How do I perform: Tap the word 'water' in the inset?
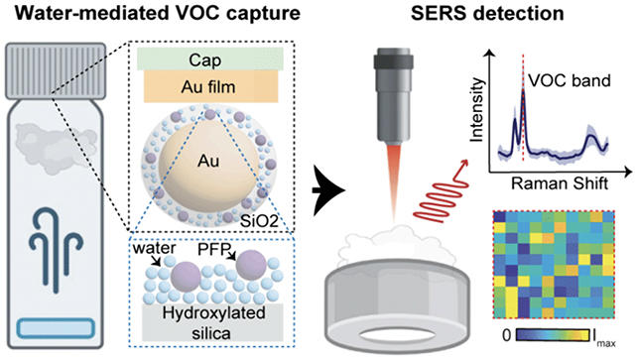pos(161,249)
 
